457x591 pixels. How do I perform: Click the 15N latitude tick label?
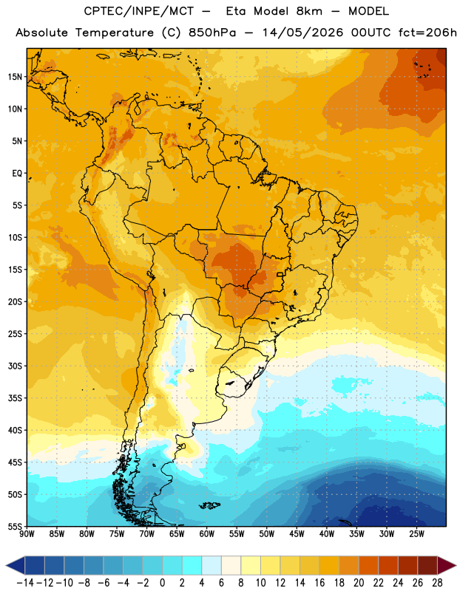tap(15, 77)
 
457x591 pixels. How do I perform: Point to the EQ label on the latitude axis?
tap(17, 174)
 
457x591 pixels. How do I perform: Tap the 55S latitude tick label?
tap(15, 526)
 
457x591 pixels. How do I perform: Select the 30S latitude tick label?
tap(15, 366)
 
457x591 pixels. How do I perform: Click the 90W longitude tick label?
tap(27, 534)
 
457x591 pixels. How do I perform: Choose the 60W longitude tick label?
tap(207, 534)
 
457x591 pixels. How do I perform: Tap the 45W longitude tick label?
tap(297, 534)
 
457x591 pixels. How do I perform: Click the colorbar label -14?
tap(25, 583)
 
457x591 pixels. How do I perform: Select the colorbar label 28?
tap(437, 583)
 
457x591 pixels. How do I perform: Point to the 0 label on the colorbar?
tap(163, 583)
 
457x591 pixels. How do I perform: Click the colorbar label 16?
tap(319, 583)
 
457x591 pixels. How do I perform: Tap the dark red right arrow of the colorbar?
tap(446, 565)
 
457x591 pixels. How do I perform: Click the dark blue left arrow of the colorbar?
tap(16, 565)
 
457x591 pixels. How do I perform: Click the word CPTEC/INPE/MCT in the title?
tap(138, 11)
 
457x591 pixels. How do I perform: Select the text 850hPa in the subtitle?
tap(212, 33)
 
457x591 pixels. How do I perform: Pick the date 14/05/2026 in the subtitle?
tap(302, 33)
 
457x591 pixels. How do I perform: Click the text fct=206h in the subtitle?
tap(427, 33)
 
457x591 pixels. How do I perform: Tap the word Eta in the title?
tap(237, 11)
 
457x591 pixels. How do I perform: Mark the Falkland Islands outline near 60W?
tap(209, 505)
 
